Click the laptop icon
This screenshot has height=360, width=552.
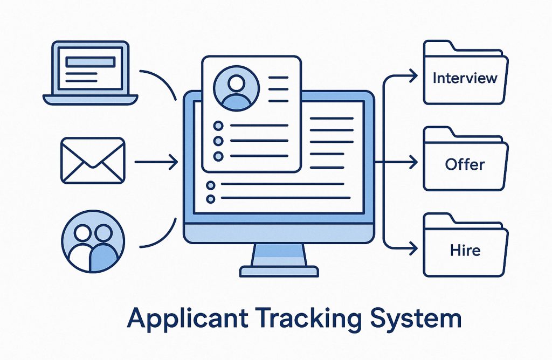91,72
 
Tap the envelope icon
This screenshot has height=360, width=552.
93,161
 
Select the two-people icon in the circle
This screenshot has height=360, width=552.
93,240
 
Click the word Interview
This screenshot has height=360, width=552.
465,78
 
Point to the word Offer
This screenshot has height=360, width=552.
465,164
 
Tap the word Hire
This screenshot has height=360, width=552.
465,251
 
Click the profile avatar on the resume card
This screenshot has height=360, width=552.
236,89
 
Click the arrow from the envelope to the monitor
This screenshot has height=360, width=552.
156,161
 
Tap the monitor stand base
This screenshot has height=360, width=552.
279,271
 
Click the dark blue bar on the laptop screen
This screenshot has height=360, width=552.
90,62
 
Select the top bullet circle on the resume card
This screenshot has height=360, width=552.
218,126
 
